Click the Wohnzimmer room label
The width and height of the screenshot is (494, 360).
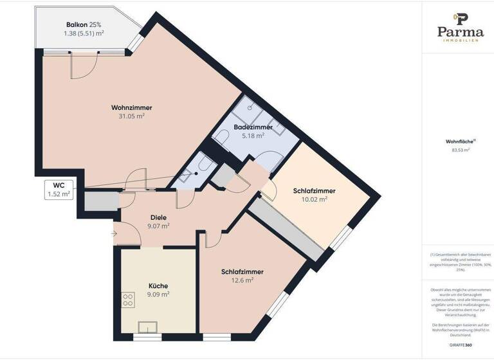131,107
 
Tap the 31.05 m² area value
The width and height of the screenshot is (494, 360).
131,116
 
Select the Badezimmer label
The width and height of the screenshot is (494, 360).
253,127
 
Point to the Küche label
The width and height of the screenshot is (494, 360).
158,285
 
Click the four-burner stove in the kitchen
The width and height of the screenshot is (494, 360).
128,300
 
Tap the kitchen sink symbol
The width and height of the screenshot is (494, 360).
148,328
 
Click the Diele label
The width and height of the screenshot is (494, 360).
158,217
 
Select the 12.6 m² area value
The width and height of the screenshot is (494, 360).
242,280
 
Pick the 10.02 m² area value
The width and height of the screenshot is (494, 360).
314,199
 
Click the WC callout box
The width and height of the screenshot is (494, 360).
59,189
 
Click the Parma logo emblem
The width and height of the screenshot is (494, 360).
460,17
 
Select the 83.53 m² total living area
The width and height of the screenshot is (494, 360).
461,150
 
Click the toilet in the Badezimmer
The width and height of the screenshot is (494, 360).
221,138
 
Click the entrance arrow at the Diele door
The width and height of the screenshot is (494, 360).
114,233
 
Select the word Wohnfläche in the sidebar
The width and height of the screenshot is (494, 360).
459,141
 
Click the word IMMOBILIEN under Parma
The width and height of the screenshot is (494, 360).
460,40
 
